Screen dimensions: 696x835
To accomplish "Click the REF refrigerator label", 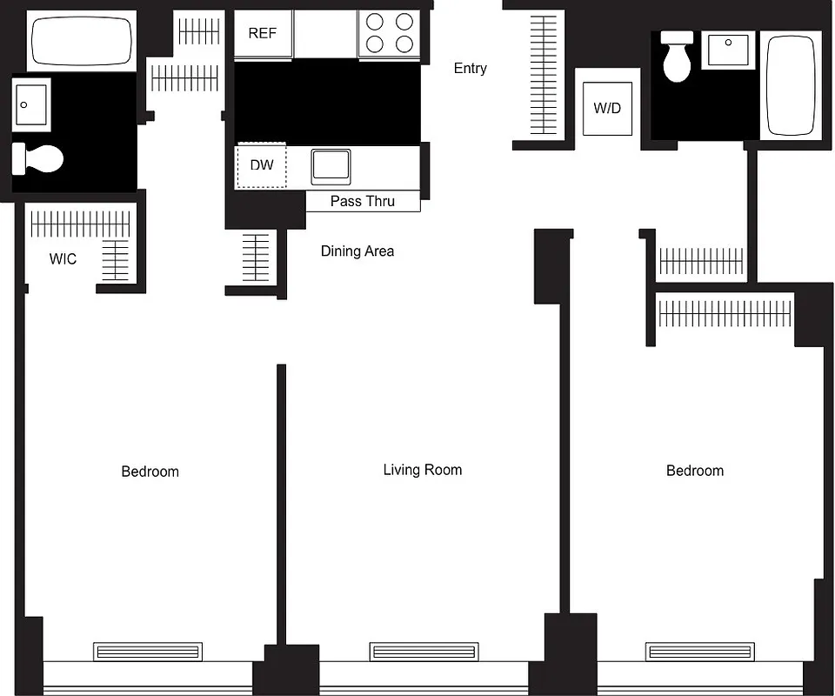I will coord(262,33).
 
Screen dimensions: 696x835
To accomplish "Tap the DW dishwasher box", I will coord(261,164).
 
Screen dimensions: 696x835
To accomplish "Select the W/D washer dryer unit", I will coord(607,108).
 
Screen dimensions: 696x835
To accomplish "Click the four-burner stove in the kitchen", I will coord(389,33).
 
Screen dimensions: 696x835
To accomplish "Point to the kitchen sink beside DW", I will coord(331,165).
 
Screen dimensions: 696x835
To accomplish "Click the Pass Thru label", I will coord(363,201).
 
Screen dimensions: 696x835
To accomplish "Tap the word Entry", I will coord(471,69).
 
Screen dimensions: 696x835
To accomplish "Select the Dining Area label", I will coord(357,251).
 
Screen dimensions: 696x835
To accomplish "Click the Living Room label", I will coord(423,470).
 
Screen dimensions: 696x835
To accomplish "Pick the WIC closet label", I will coord(63,259).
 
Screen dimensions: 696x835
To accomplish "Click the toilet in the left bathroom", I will coord(38,160).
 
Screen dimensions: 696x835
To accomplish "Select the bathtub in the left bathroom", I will coord(83,40).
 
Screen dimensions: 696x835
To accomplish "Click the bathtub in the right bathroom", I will coord(791,84).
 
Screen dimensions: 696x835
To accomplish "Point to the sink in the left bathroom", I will coord(31,104).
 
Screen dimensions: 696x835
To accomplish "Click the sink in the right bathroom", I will coord(731,50).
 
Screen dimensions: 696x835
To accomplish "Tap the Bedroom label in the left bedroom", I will coord(150,472).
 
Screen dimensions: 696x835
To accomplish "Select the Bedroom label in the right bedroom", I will coord(695,471).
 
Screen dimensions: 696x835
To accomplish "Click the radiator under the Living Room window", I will coord(424,651).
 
